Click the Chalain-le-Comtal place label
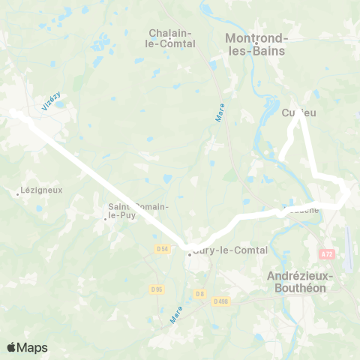[172, 38]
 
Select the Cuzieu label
[298, 113]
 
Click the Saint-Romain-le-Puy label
[138, 211]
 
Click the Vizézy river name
[50, 103]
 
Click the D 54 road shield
[163, 249]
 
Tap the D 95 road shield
[156, 289]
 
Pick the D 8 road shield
[199, 294]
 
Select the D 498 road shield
[220, 301]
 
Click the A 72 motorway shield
[326, 254]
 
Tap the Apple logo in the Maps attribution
[11, 347]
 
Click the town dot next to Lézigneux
[17, 193]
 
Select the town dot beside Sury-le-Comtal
[190, 254]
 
